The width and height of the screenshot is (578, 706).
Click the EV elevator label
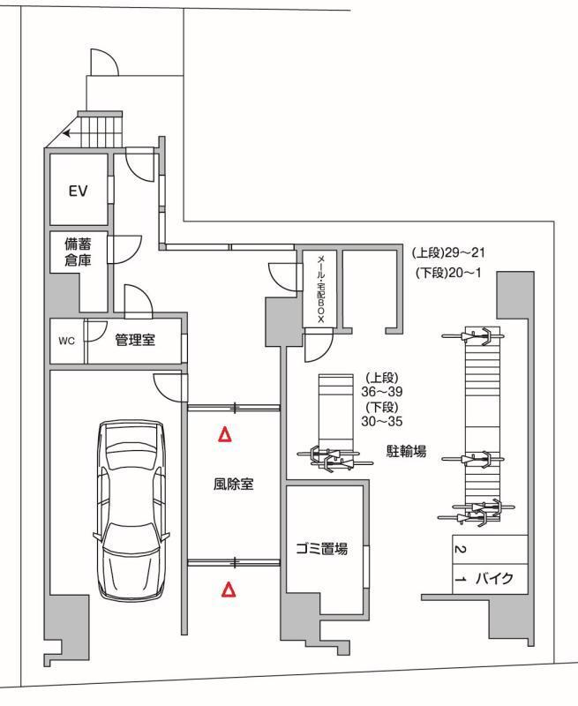[77, 191]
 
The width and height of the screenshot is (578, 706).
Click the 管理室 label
[135, 341]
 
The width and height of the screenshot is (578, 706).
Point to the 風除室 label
[234, 484]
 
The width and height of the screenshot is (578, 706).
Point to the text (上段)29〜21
[449, 252]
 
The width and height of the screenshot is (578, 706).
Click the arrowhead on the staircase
[67, 135]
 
